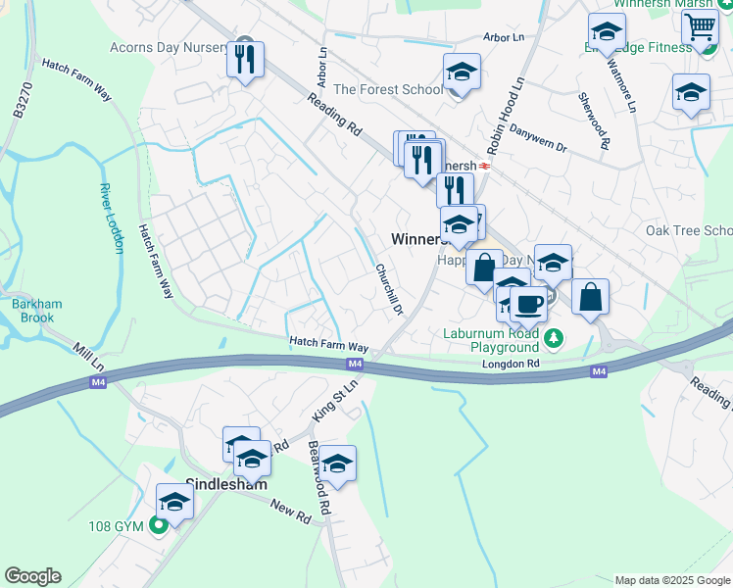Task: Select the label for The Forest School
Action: click(388, 89)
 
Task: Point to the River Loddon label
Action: click(112, 218)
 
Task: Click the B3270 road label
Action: click(19, 101)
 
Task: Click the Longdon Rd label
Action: click(511, 364)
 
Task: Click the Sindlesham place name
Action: click(226, 484)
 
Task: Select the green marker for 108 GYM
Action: click(159, 526)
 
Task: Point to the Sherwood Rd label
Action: click(595, 122)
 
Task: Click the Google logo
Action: click(32, 576)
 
